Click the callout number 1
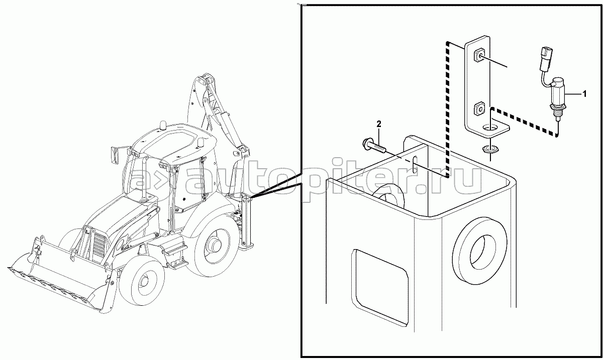(x=584, y=94)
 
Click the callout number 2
(x=379, y=124)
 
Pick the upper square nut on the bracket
(x=480, y=58)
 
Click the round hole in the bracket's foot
(x=491, y=127)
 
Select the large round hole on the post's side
(x=480, y=251)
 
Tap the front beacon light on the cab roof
(x=163, y=125)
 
